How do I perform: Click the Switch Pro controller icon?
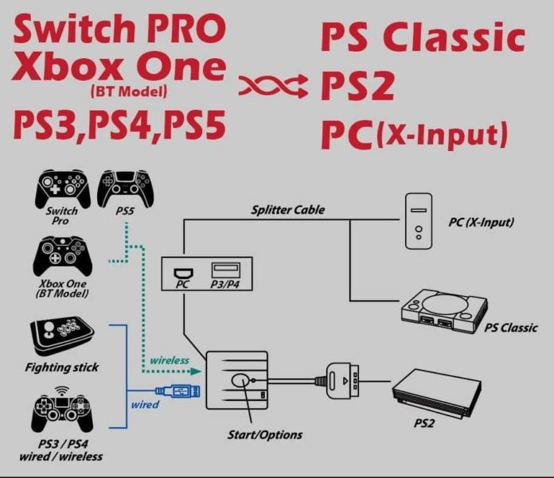click(63, 188)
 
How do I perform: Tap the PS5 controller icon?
click(126, 188)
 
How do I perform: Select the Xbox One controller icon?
click(63, 256)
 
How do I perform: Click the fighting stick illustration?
click(62, 336)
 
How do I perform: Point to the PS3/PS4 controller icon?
click(62, 412)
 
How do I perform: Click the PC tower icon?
click(419, 221)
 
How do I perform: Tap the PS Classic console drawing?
click(444, 311)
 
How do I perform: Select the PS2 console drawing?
click(436, 394)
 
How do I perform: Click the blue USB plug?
click(178, 391)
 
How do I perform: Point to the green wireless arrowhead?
click(196, 371)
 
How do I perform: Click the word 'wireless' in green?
click(170, 360)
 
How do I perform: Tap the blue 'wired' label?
click(145, 405)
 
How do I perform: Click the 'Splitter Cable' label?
click(287, 210)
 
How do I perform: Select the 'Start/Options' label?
click(264, 434)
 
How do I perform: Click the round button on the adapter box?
click(240, 380)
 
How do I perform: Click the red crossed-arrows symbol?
click(273, 85)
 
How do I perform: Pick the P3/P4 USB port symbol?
click(226, 270)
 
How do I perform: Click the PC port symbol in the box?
click(183, 274)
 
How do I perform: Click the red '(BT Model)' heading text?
click(129, 91)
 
